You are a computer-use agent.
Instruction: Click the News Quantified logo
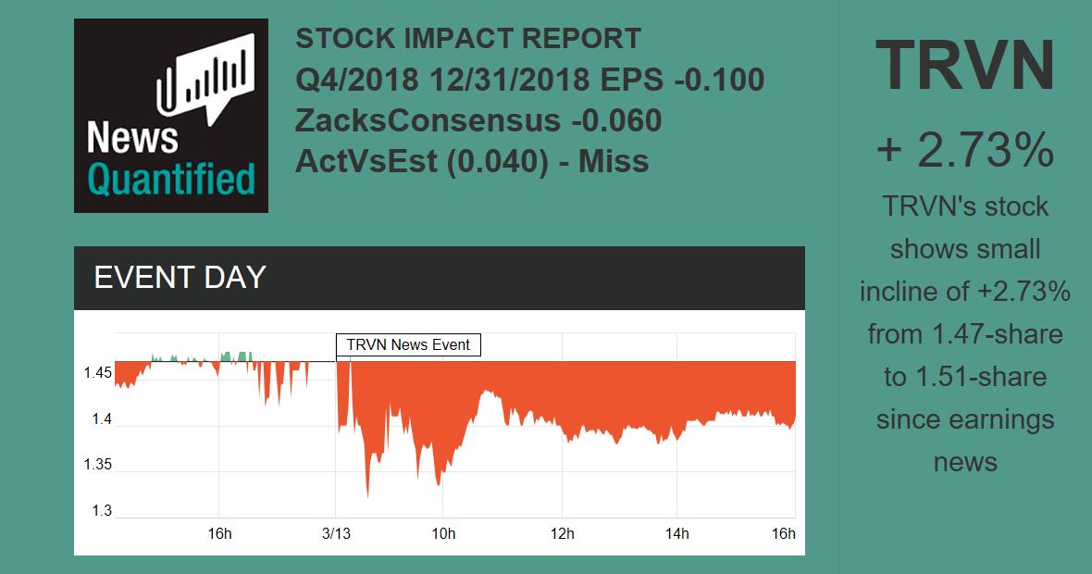tap(171, 116)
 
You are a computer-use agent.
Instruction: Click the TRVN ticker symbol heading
tap(965, 67)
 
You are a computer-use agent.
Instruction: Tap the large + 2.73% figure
tap(965, 150)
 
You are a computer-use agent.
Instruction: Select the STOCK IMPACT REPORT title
tap(468, 39)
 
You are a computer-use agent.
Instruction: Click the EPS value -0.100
tap(719, 81)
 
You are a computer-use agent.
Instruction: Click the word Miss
tap(614, 161)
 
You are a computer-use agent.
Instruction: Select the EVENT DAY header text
tap(180, 278)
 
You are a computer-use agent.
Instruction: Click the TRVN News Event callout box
tap(408, 345)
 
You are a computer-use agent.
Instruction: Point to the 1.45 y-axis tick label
tap(98, 373)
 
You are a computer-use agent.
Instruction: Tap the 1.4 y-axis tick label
tap(101, 419)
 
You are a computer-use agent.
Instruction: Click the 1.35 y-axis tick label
tap(98, 465)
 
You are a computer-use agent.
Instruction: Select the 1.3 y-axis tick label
tap(101, 511)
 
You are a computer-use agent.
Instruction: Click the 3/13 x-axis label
tap(336, 534)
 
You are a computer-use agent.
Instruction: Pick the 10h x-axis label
tap(443, 534)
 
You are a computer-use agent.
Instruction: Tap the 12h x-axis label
tap(562, 534)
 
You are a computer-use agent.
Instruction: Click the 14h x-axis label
tap(677, 534)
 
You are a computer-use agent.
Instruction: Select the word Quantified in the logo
tap(171, 179)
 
